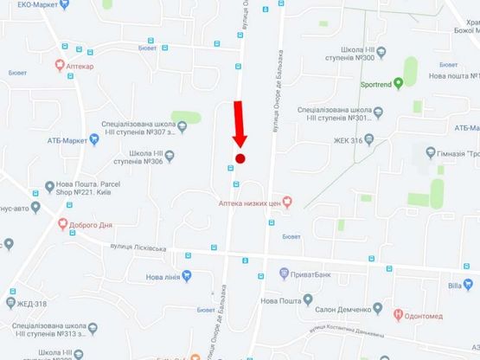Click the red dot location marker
241,158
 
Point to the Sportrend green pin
398,84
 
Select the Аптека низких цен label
249,202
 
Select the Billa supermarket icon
475,283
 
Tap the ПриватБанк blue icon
284,273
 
